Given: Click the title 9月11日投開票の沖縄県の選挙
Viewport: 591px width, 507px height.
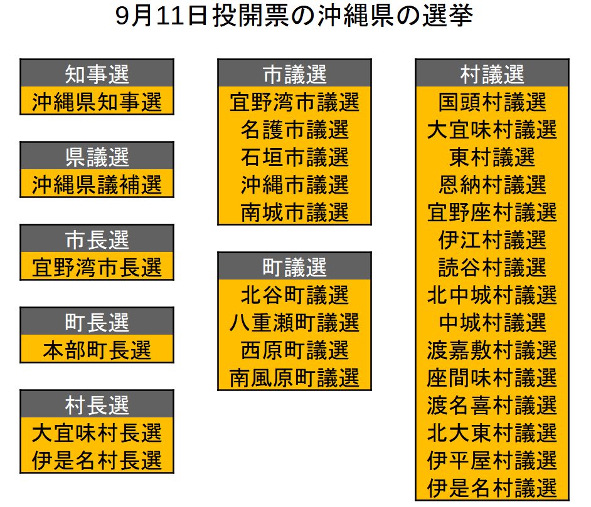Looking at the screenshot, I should [294, 17].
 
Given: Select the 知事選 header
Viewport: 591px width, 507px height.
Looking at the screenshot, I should [97, 74].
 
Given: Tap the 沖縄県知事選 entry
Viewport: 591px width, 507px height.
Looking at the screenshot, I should [97, 102].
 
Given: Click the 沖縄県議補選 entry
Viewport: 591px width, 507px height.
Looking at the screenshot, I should [97, 184].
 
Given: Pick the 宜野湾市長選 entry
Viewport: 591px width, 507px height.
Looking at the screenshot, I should [97, 267].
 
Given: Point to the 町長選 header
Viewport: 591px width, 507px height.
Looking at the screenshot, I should [97, 322].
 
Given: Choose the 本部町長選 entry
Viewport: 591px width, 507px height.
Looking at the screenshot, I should [97, 350].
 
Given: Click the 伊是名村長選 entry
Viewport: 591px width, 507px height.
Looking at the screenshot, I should [97, 460].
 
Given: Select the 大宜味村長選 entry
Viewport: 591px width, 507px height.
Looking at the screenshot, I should [97, 432].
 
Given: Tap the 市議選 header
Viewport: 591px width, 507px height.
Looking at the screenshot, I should [294, 74].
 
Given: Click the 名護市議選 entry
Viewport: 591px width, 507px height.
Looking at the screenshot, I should [294, 129].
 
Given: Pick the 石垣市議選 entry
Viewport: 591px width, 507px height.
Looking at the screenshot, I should [294, 157].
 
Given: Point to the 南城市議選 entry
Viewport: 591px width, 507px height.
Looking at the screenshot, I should [294, 212].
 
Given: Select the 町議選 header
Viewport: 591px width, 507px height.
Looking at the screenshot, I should [294, 267].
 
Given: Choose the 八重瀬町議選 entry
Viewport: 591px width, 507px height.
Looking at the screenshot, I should [294, 322].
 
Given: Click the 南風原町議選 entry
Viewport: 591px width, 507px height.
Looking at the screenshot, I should [294, 377].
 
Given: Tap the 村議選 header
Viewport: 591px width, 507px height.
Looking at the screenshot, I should [492, 74].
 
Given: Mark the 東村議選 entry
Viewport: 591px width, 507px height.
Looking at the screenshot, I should [492, 157].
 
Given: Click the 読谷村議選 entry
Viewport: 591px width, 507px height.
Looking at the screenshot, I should [492, 267].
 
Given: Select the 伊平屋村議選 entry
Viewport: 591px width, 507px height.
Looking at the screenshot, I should [492, 460].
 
